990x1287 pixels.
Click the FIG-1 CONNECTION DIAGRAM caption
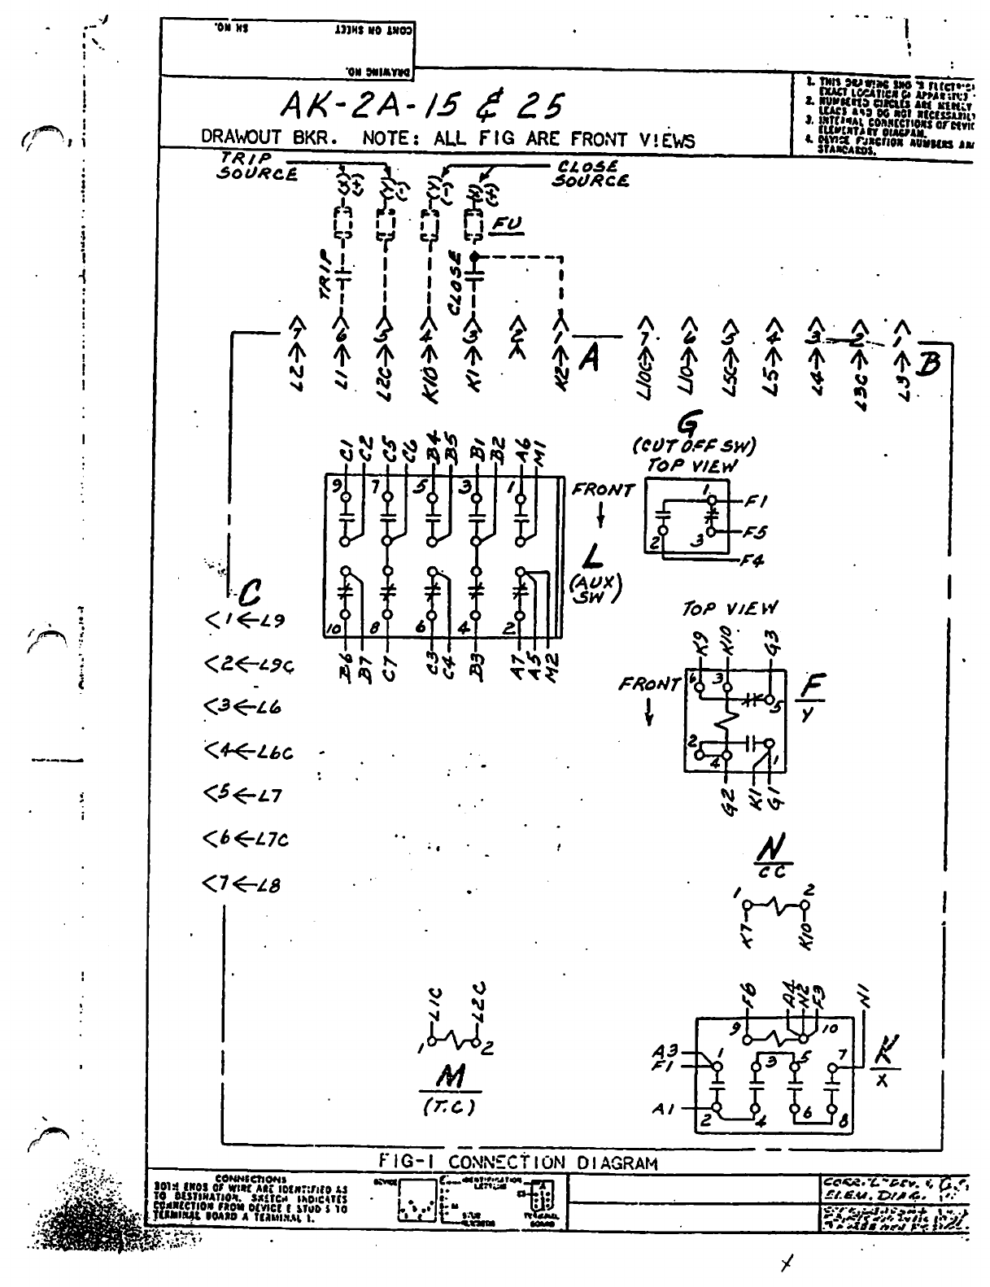(517, 1162)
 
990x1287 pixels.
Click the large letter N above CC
(765, 851)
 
